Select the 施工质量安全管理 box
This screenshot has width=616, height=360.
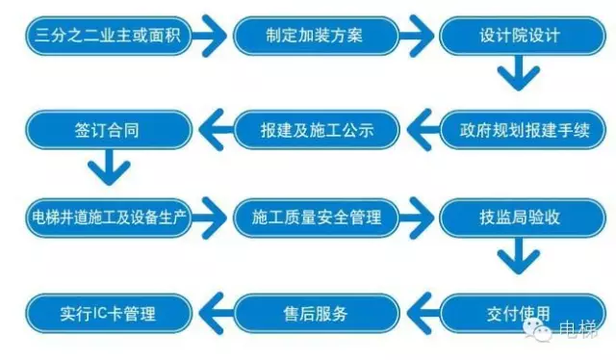[315, 216]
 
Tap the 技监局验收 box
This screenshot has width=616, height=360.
[519, 216]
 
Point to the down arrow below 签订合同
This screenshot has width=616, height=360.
[109, 170]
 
